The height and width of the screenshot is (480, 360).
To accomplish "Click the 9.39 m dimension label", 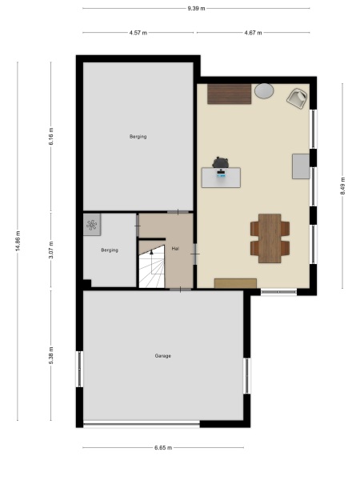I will coord(196,8).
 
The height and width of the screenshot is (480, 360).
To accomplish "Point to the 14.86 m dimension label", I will coord(18,241).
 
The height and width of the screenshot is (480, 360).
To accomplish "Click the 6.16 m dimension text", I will coord(51,137).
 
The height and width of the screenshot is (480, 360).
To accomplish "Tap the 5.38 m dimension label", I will coord(51,354).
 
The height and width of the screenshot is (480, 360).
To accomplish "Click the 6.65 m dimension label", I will coord(163,448).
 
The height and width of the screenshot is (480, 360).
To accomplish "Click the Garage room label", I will coord(163,355).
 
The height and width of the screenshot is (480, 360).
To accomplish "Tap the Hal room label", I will coord(175,249).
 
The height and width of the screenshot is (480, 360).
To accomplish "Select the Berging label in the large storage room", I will coord(138,137).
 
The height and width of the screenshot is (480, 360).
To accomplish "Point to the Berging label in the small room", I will coord(110,250).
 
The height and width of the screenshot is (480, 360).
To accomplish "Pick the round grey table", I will coord(264,93).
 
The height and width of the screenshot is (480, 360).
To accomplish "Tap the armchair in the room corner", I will coord(297,98).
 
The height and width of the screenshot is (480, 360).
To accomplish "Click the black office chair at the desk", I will coord(221,163).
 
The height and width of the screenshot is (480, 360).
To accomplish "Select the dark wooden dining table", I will coord(270,238).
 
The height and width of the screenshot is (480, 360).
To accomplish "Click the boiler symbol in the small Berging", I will coord(92,225).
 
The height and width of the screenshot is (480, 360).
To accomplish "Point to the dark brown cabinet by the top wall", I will coord(230,94).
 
